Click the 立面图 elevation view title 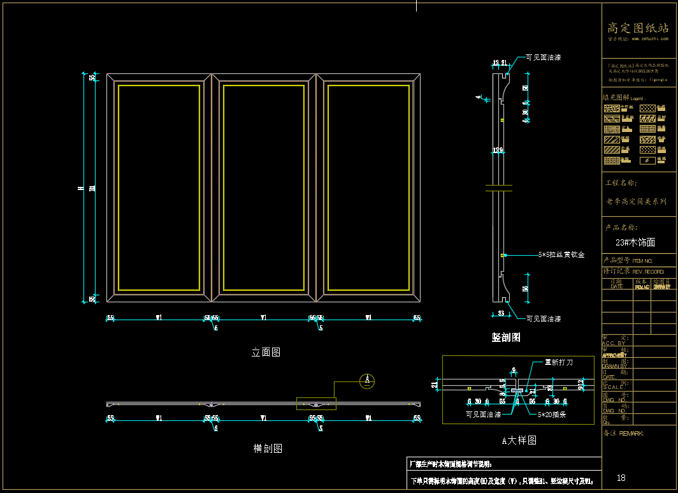tap(266, 352)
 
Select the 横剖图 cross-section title tap(268, 448)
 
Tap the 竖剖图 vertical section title tap(506, 337)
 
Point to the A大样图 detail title tap(519, 440)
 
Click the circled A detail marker tap(366, 381)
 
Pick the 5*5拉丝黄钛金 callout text tap(561, 254)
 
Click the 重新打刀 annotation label tap(558, 362)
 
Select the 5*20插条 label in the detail tap(552, 415)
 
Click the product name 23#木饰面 tap(635, 242)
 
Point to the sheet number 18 tap(621, 478)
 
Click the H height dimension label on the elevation tap(80, 188)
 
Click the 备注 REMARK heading tap(623, 434)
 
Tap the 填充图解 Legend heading tap(624, 98)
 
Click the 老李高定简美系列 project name tap(636, 202)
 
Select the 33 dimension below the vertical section tap(501, 313)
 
